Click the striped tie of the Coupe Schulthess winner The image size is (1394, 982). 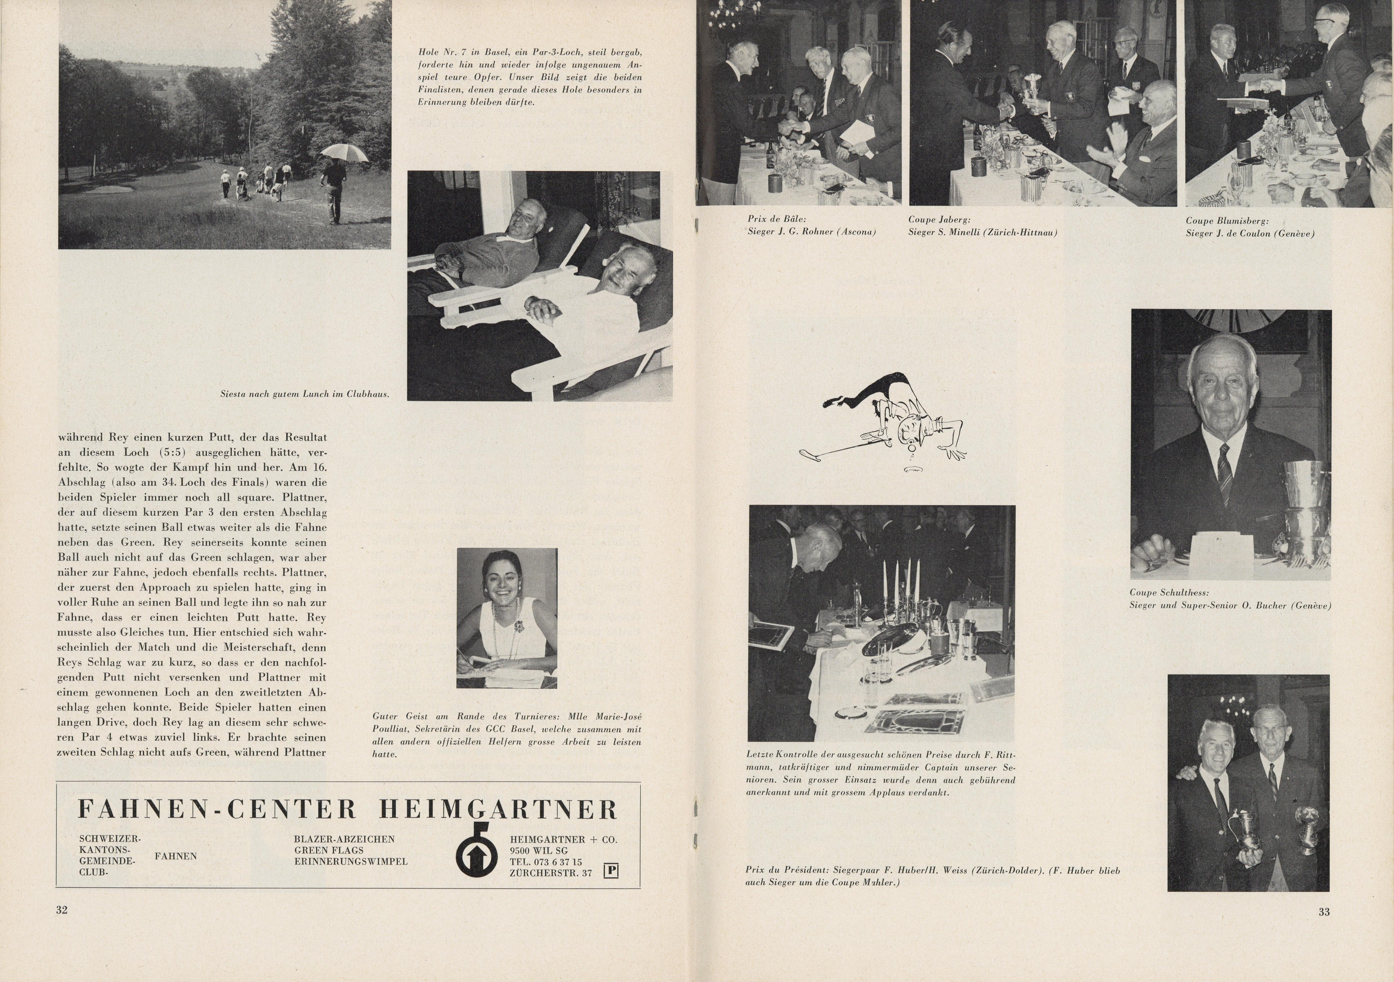tap(1224, 473)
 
